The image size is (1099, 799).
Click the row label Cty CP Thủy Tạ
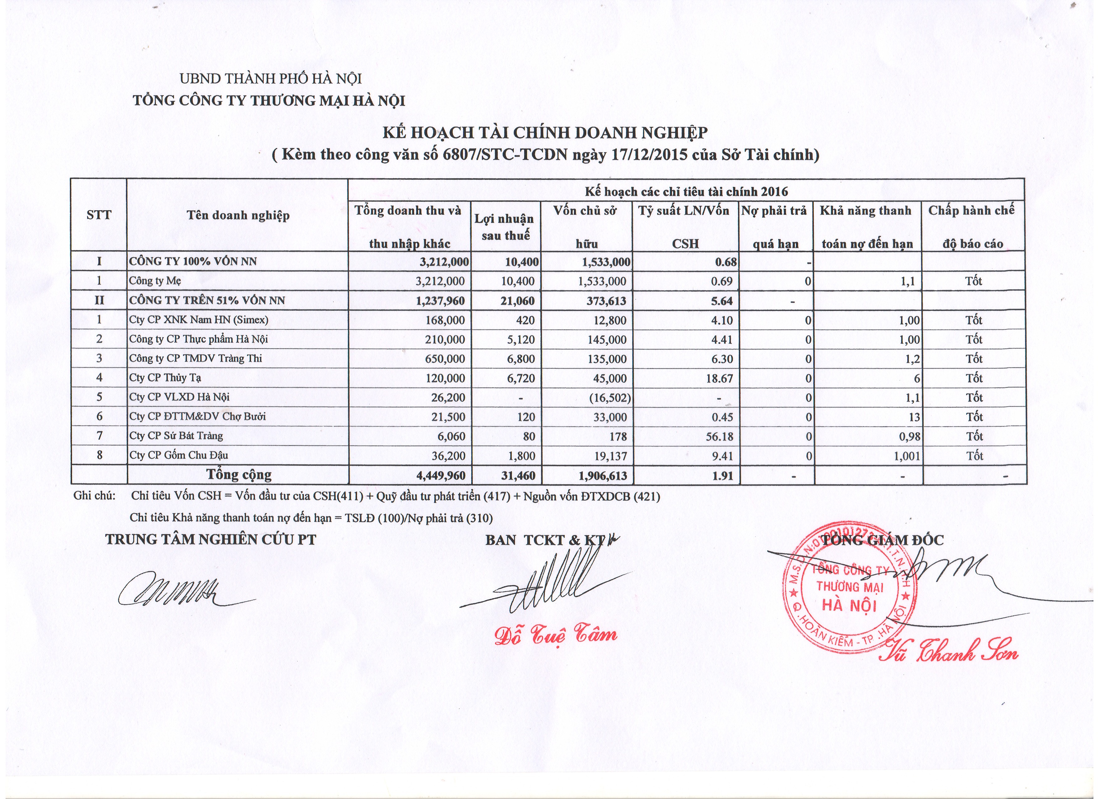pos(165,378)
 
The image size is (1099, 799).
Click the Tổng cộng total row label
pos(239,474)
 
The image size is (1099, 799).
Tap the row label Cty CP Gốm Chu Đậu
pos(178,455)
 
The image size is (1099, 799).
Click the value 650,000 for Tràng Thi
pos(445,358)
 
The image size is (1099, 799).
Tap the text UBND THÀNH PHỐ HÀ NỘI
pos(271,79)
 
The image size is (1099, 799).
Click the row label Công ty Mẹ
pos(154,280)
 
